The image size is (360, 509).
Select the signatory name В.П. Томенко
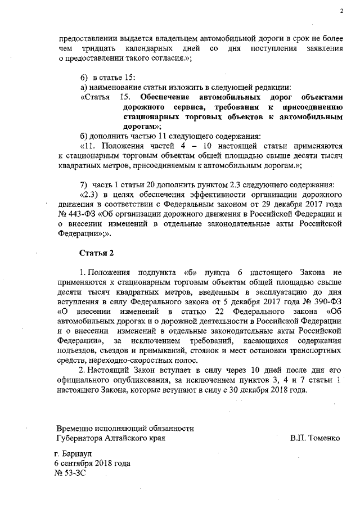pos(316,438)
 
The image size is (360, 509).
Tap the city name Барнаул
pos(83,453)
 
